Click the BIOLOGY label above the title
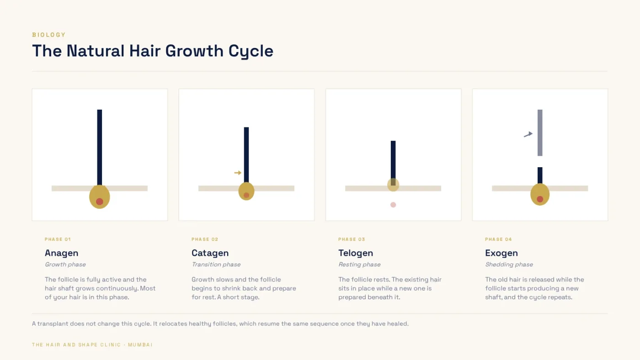point(49,35)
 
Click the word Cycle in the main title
point(251,51)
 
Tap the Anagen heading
point(61,253)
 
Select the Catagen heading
point(210,253)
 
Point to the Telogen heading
point(356,253)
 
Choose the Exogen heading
point(501,253)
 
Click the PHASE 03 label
point(352,239)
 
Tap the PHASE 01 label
point(58,239)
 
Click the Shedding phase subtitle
point(509,265)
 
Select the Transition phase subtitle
point(216,265)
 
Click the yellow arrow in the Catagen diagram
point(238,173)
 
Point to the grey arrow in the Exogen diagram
point(528,134)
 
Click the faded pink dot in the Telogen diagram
point(393,205)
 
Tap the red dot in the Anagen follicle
point(100,201)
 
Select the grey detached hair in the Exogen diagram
point(540,133)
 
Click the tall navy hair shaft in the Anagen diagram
point(100,148)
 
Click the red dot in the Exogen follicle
point(540,199)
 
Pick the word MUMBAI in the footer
point(140,345)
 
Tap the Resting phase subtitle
point(359,265)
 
